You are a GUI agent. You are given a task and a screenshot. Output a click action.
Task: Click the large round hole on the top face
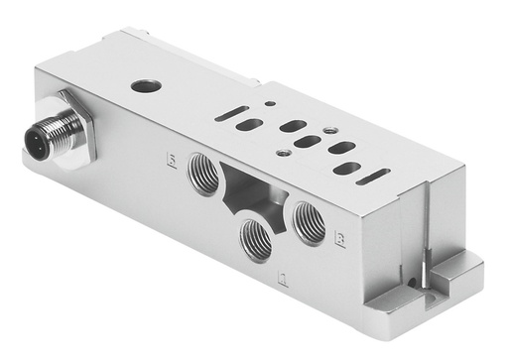146,86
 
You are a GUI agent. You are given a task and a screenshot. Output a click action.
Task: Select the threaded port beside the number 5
204,171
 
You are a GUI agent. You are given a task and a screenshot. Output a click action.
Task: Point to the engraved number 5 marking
172,159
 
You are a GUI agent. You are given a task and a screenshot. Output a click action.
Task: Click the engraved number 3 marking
340,238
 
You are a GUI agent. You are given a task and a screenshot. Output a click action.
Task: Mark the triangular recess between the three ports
248,190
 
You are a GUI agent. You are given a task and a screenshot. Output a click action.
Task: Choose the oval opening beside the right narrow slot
346,169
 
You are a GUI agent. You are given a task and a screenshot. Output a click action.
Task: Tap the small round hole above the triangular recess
284,153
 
